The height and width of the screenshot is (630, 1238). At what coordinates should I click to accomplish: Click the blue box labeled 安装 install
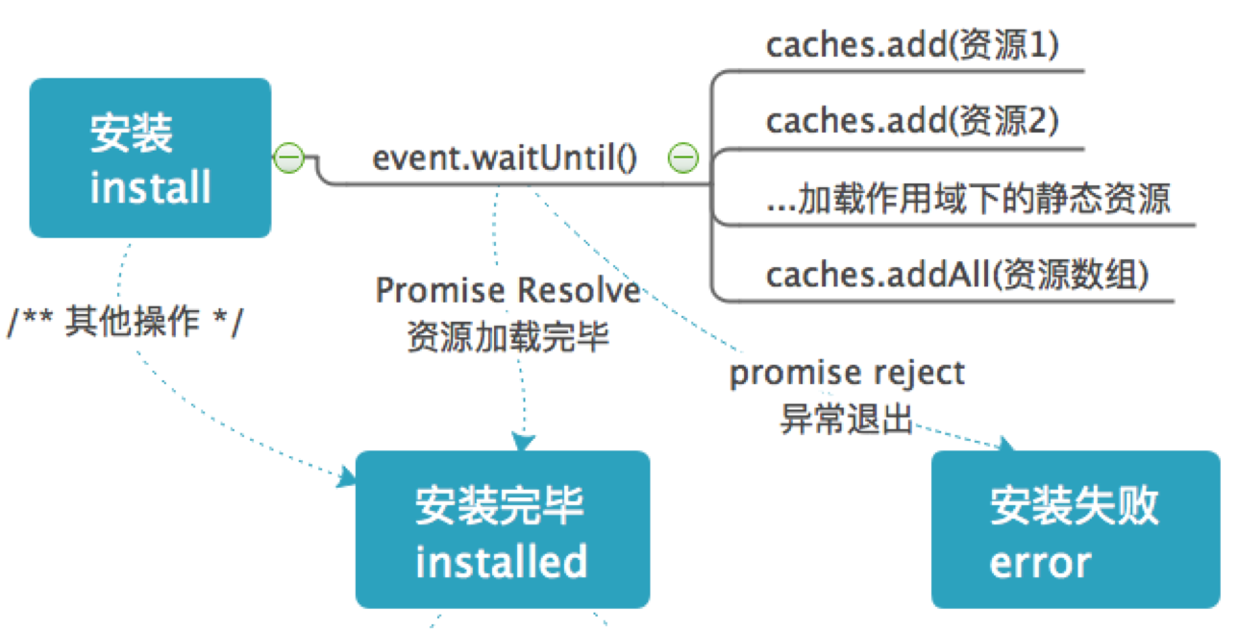click(150, 157)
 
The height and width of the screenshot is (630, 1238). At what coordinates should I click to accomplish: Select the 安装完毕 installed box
click(502, 529)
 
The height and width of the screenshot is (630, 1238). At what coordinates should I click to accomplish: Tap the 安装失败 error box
click(1075, 529)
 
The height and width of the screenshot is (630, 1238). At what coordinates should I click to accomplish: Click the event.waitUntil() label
click(505, 157)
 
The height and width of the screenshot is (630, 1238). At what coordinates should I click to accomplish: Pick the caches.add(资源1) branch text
click(912, 46)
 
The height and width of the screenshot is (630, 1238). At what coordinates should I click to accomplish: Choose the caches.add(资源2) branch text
click(912, 121)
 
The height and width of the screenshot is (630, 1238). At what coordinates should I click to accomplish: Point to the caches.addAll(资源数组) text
click(957, 275)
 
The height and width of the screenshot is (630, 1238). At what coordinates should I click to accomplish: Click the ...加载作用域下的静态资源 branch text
click(969, 199)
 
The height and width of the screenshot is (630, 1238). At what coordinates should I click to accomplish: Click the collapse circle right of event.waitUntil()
click(682, 157)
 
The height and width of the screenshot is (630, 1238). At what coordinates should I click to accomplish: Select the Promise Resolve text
click(508, 290)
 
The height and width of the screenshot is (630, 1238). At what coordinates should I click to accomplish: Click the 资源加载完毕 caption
click(508, 338)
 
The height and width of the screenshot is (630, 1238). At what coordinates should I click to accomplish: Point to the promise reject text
click(847, 373)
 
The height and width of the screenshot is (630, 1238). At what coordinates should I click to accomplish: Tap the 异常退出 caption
click(846, 419)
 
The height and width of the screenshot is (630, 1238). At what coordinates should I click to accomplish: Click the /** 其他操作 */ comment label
click(126, 322)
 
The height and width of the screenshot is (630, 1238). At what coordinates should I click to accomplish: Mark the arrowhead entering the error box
click(1006, 445)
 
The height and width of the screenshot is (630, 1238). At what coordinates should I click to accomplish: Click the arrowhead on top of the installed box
click(522, 442)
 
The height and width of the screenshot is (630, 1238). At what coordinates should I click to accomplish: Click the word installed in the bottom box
click(501, 561)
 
